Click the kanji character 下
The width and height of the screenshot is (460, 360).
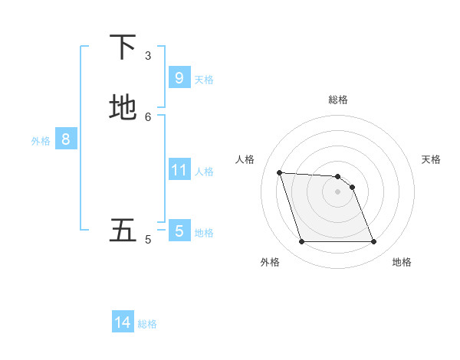click(x=123, y=47)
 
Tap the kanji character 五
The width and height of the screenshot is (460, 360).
click(x=123, y=231)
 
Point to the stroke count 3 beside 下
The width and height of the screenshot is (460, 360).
click(x=148, y=56)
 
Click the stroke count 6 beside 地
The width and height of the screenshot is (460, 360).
click(x=148, y=116)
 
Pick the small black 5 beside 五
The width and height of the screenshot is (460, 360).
click(x=148, y=240)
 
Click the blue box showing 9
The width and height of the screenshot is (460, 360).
click(x=179, y=77)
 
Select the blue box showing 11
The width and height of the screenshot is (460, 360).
click(x=179, y=169)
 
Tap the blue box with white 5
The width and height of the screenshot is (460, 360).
click(x=179, y=231)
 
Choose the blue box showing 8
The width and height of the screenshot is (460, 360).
click(x=66, y=139)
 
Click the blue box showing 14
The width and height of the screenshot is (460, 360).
click(x=123, y=322)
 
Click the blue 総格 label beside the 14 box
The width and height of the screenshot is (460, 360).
click(x=147, y=324)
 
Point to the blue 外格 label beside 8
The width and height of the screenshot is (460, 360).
click(x=41, y=141)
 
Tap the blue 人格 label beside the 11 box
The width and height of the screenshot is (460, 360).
click(x=205, y=172)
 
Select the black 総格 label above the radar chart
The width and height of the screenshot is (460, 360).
click(x=338, y=100)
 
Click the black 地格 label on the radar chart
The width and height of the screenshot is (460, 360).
click(x=402, y=262)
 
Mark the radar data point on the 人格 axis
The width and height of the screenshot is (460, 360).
click(x=279, y=172)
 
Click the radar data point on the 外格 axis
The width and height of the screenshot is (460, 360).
click(x=301, y=242)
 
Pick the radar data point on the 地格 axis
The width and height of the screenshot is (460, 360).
click(x=374, y=242)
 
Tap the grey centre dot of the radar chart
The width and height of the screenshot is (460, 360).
click(x=337, y=191)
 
